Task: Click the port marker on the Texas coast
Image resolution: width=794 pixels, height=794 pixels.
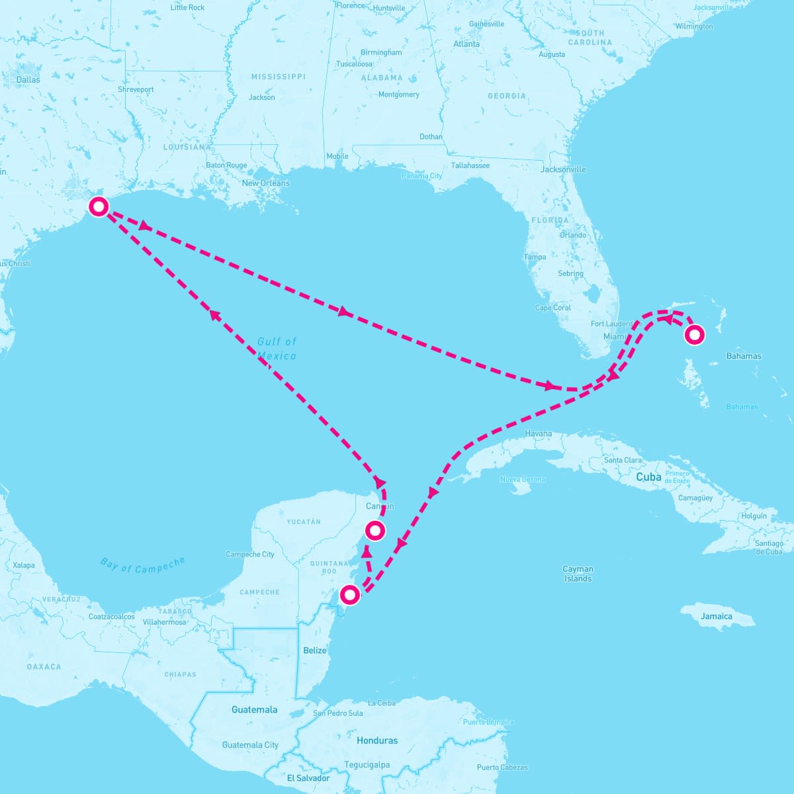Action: (99, 206)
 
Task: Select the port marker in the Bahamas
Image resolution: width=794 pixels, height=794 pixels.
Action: (694, 335)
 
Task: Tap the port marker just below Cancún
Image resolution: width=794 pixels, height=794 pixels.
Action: (375, 530)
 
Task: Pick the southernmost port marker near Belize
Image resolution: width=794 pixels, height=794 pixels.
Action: (349, 595)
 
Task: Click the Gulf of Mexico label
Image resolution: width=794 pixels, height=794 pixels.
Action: (277, 349)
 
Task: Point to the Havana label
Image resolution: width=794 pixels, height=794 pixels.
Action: (538, 434)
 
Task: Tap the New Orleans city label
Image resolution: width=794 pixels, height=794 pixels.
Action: (265, 183)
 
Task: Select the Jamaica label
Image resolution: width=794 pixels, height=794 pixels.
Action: (717, 616)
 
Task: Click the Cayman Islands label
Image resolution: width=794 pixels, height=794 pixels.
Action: (578, 574)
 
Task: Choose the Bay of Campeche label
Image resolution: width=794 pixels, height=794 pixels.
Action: (143, 565)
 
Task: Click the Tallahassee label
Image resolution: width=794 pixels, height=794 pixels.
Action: (470, 165)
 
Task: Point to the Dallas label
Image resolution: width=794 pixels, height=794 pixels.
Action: (28, 80)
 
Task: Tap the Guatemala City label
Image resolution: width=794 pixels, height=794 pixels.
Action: (250, 745)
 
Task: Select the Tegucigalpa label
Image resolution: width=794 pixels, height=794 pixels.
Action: (367, 765)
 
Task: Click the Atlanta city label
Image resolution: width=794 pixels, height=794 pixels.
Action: (466, 44)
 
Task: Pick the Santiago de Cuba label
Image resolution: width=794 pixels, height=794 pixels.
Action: (769, 547)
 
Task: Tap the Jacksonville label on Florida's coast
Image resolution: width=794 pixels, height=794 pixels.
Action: (563, 169)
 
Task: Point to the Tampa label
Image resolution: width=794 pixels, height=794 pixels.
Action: (535, 257)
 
